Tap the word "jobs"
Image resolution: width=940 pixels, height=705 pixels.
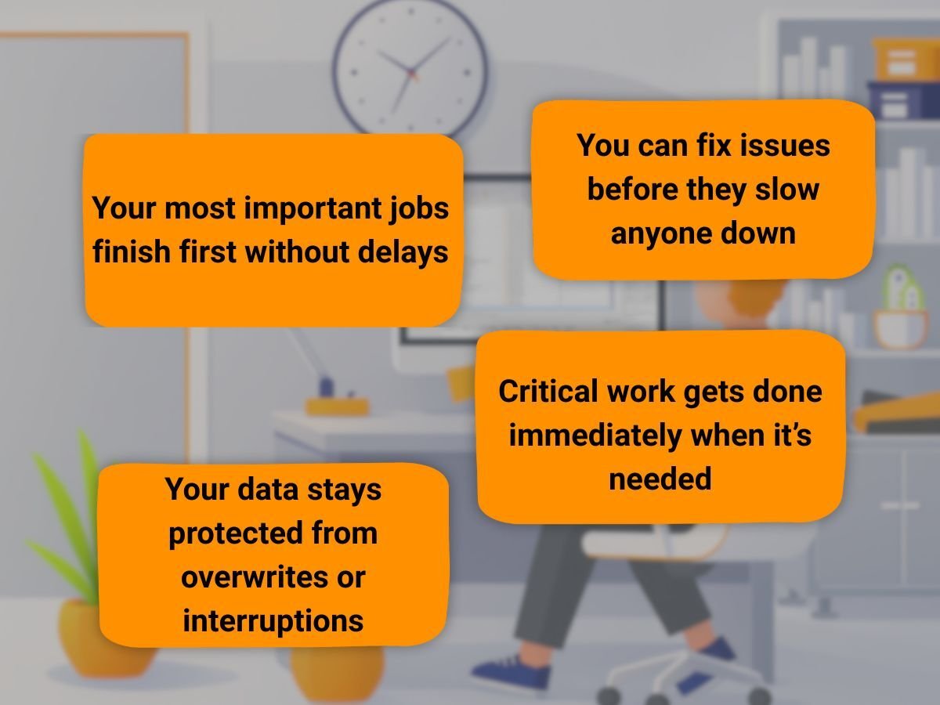(418, 208)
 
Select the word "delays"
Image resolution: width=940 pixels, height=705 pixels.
(403, 252)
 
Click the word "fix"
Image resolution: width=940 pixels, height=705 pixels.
(714, 145)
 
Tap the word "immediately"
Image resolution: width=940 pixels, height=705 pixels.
(595, 436)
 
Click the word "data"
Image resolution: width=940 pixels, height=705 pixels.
(268, 490)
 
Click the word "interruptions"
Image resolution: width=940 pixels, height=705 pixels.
(273, 621)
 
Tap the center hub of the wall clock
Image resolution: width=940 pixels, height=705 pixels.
(411, 72)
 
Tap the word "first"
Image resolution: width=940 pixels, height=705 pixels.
(208, 252)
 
